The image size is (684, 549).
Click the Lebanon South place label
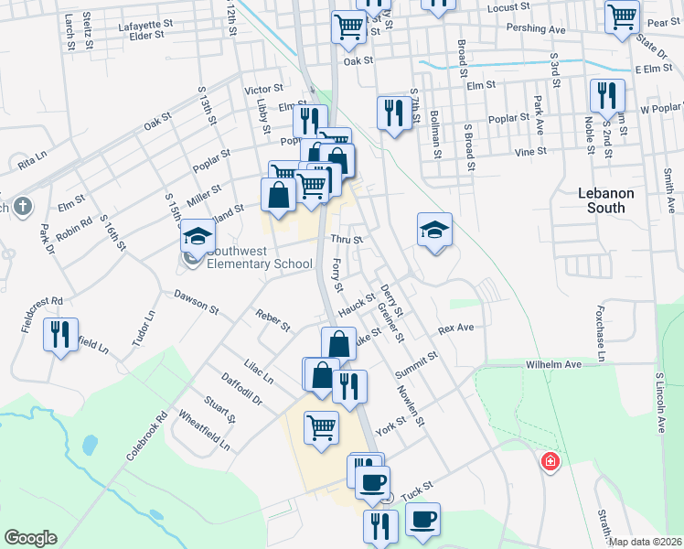[x=601, y=200]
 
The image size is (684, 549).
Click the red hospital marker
[x=550, y=460]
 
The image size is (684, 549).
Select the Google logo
[x=30, y=537]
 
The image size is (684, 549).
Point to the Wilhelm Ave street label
[x=553, y=364]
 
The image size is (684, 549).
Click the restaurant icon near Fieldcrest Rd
[x=61, y=335]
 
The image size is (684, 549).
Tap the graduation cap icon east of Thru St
[x=434, y=230]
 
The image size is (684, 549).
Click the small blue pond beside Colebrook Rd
[x=90, y=445]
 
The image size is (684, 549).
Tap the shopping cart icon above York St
[x=321, y=427]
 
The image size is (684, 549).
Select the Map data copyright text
[x=645, y=542]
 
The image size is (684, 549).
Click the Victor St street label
[x=262, y=90]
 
